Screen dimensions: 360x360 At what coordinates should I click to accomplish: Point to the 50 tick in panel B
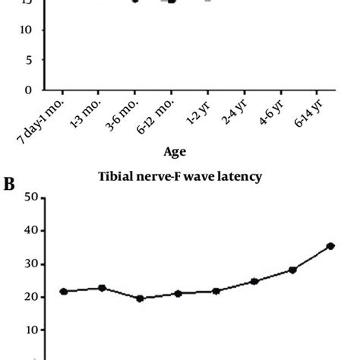point(32,198)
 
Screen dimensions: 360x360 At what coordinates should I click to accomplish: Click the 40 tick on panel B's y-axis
point(32,231)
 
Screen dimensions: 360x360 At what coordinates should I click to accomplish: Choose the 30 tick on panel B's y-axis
point(32,264)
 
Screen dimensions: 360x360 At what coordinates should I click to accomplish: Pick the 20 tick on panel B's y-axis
point(32,297)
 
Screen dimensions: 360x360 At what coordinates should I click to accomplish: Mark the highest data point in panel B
point(330,246)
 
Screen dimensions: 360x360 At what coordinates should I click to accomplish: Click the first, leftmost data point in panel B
point(64,291)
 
